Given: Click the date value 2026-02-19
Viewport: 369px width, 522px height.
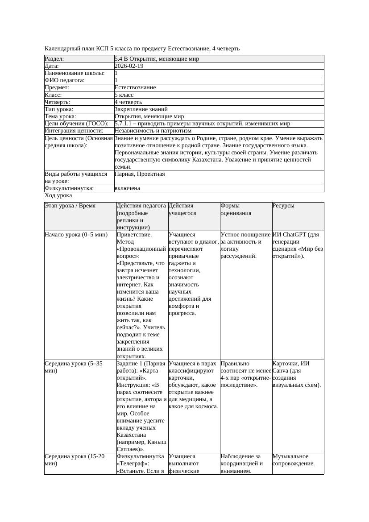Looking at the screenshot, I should (x=129, y=66).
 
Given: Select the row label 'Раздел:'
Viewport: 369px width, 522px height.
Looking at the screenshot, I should (x=54, y=59).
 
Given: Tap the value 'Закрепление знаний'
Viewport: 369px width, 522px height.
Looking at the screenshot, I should (x=141, y=109).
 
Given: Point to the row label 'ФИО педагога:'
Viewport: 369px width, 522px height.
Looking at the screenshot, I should (x=65, y=80).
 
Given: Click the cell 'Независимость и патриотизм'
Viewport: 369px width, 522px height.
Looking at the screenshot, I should (x=153, y=131).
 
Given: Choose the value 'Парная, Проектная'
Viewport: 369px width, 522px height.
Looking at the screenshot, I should (x=140, y=174).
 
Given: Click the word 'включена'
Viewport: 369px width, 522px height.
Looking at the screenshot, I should (x=127, y=188).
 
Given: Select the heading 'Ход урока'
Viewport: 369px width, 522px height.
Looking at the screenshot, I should (x=58, y=195).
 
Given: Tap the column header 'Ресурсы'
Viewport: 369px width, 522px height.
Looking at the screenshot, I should (x=283, y=206).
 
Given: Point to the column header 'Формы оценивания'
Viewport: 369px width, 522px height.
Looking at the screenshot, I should (x=236, y=209).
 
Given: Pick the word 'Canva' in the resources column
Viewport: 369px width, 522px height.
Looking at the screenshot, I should (x=281, y=371).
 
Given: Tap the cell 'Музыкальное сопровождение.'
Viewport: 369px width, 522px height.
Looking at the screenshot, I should (x=294, y=460).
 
